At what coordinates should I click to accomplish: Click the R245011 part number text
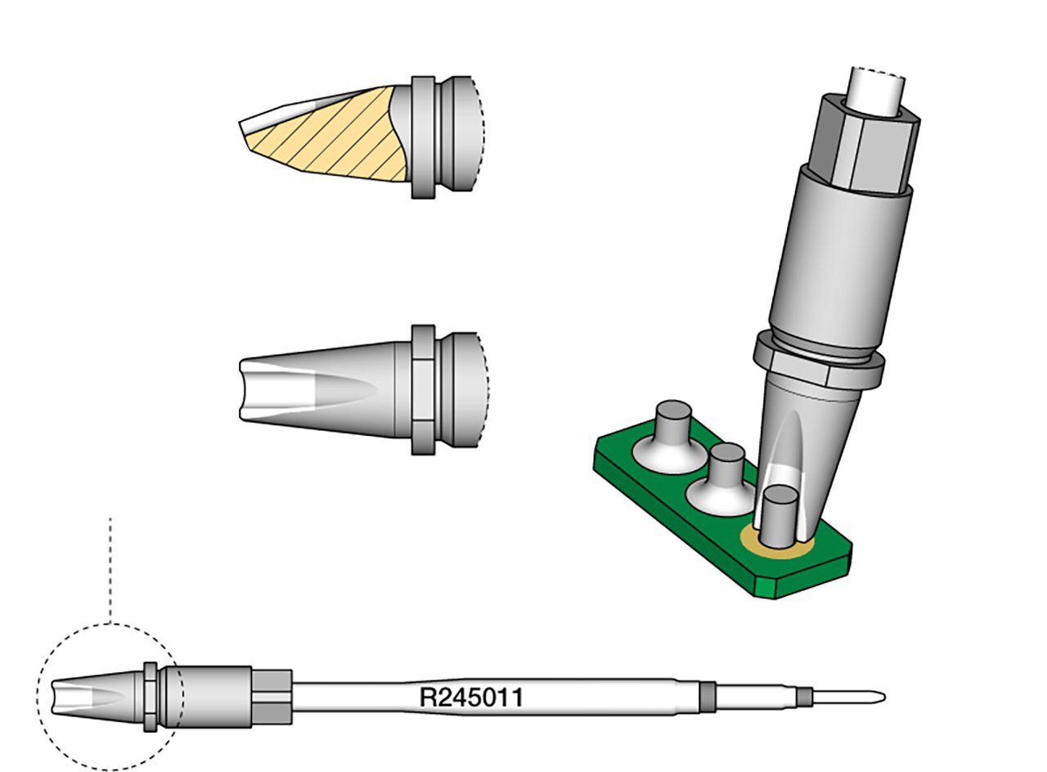[x=471, y=698]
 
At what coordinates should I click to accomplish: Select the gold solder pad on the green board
[x=776, y=545]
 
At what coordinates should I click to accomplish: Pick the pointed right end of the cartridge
[x=884, y=698]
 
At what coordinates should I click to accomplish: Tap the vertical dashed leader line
[x=110, y=571]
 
